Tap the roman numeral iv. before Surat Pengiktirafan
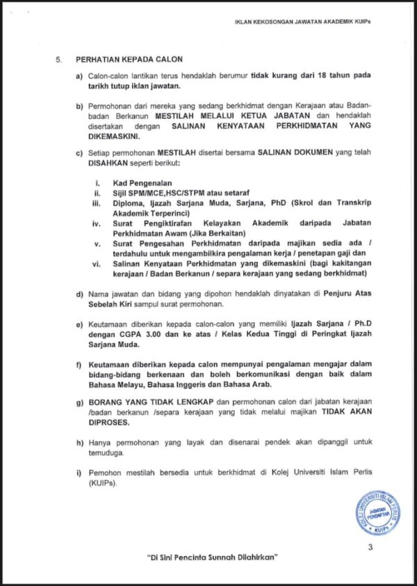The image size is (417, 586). pyautogui.click(x=98, y=224)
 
